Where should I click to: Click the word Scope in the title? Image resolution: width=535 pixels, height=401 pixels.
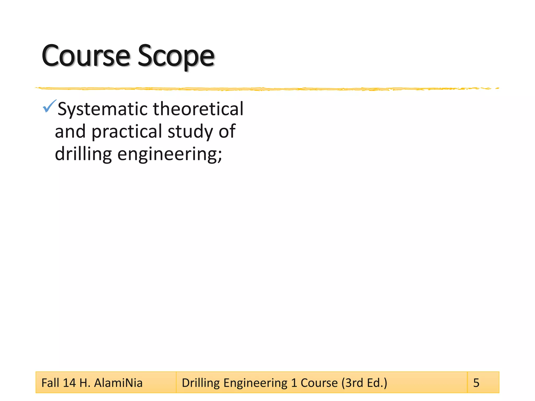pyautogui.click(x=176, y=56)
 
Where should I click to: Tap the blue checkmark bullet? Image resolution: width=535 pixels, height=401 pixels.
pyautogui.click(x=49, y=106)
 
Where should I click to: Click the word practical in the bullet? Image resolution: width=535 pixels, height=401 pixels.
pyautogui.click(x=127, y=132)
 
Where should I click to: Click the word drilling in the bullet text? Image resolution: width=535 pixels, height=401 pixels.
pyautogui.click(x=83, y=154)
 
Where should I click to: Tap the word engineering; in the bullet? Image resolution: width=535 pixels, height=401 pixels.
pyautogui.click(x=170, y=154)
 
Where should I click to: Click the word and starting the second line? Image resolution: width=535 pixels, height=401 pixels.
pyautogui.click(x=70, y=132)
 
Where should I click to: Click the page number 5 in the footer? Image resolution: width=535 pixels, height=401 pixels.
pyautogui.click(x=476, y=383)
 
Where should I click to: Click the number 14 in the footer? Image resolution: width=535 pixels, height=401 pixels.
pyautogui.click(x=69, y=383)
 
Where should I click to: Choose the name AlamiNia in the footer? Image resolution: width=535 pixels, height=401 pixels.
pyautogui.click(x=118, y=383)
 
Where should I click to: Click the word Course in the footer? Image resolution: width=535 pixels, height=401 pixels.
pyautogui.click(x=319, y=383)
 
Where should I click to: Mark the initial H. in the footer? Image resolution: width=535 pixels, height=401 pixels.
pyautogui.click(x=85, y=383)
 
